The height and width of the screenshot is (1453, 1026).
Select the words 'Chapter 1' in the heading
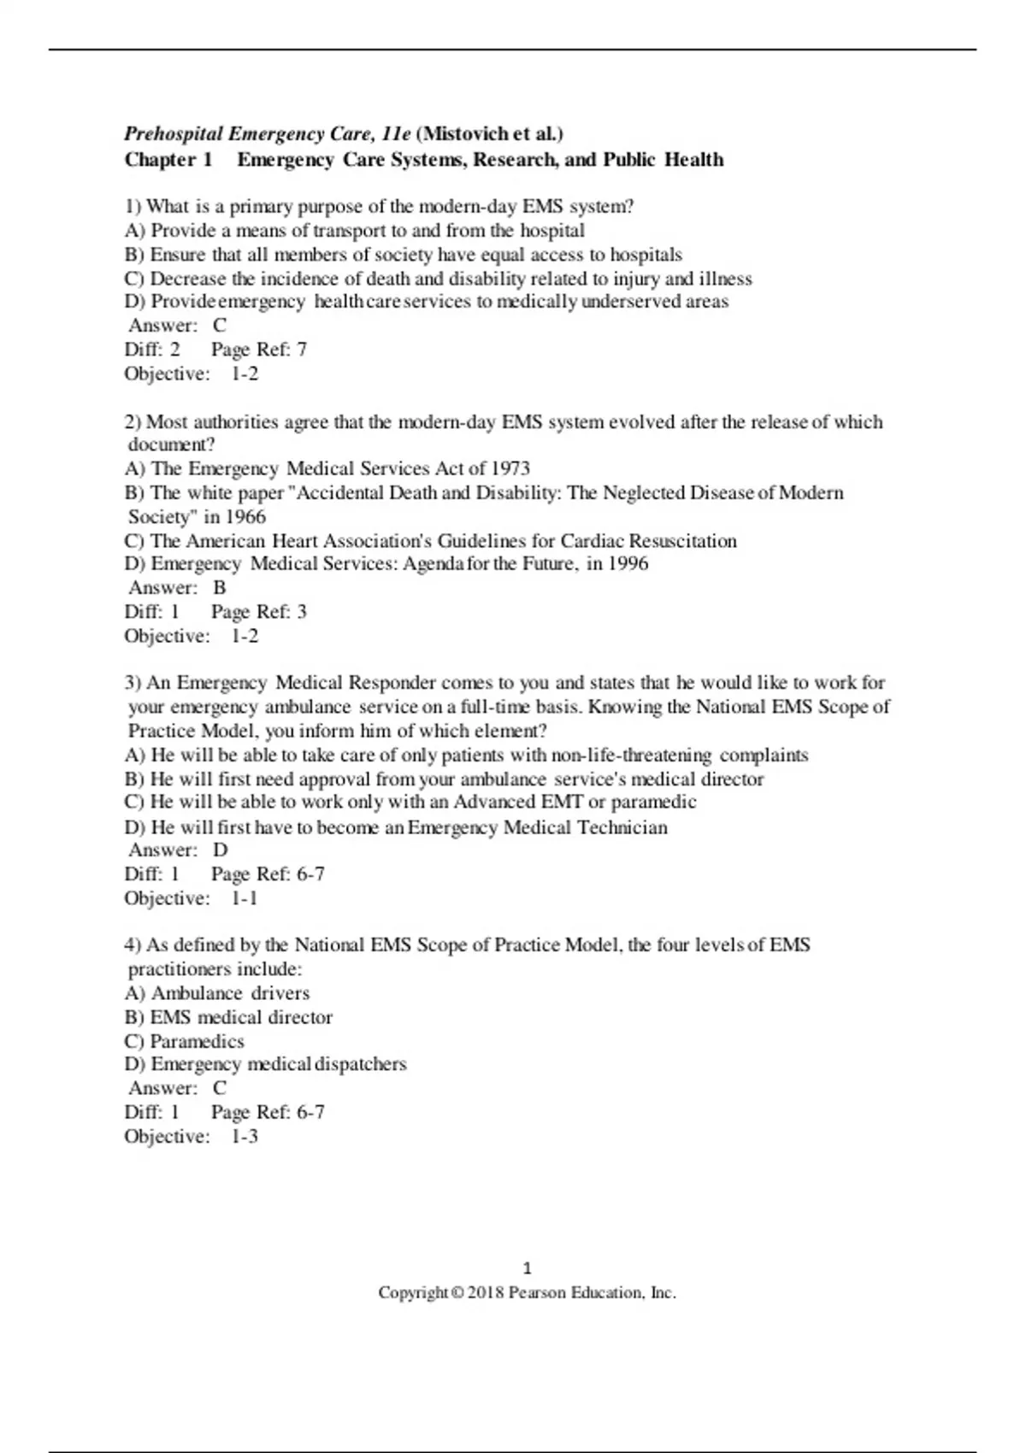(168, 160)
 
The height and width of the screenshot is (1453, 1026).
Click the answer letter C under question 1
(220, 326)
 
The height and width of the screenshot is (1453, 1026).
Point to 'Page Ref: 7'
(259, 350)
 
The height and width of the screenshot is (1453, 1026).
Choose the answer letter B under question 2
(220, 588)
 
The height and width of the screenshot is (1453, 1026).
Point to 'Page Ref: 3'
(259, 612)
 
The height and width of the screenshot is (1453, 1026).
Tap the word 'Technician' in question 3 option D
(622, 827)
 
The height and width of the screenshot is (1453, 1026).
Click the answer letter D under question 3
(221, 850)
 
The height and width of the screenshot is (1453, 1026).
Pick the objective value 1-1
(245, 898)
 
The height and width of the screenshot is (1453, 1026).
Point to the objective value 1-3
(245, 1137)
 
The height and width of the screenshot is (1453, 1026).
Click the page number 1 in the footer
(527, 1268)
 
